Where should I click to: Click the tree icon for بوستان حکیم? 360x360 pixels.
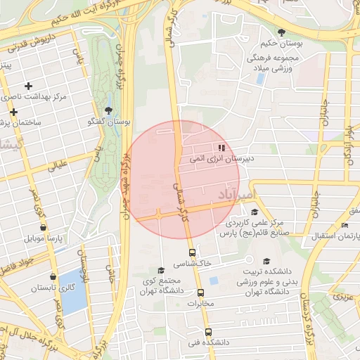click(282, 32)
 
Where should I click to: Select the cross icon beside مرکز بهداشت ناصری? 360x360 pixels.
click(28, 86)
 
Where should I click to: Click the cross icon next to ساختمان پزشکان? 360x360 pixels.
click(13, 112)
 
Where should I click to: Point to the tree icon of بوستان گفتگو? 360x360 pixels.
click(108, 110)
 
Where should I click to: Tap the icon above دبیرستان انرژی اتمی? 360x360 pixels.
click(221, 148)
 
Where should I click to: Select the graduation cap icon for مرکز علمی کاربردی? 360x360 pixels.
click(254, 212)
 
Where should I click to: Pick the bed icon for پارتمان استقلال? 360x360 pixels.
click(344, 225)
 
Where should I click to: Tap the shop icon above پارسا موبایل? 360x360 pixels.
click(44, 227)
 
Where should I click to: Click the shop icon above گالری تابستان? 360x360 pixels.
click(53, 276)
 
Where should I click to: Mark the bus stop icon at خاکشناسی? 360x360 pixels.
click(191, 252)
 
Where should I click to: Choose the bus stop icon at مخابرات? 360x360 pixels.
click(200, 292)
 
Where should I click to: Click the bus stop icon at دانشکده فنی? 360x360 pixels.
click(207, 332)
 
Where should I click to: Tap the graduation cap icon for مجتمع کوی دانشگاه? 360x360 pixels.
click(160, 270)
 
